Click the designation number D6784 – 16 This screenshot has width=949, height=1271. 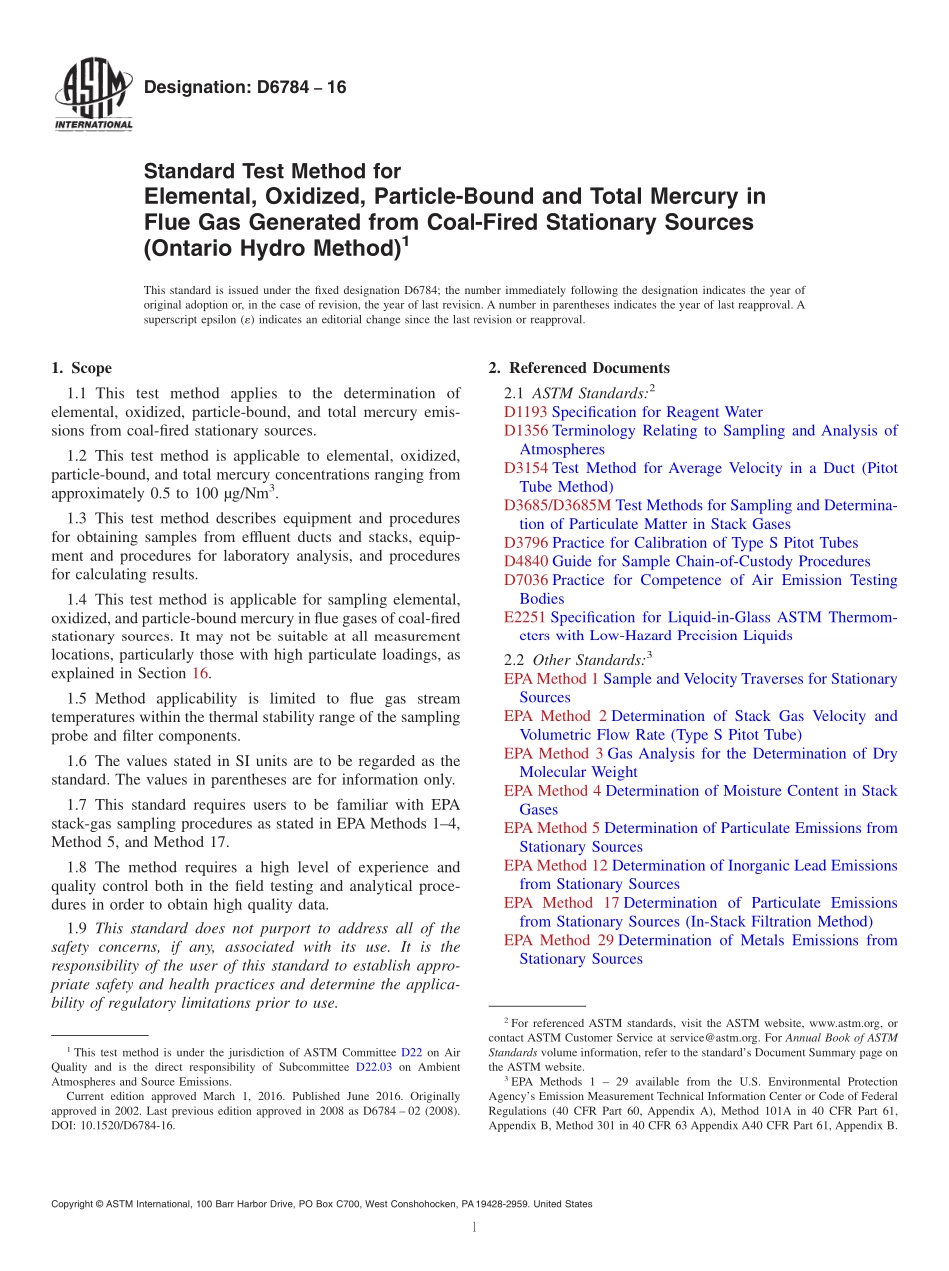tap(245, 88)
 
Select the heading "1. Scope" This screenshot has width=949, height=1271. tap(81, 368)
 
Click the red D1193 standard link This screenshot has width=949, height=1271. tap(525, 412)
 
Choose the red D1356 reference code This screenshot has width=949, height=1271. tap(526, 431)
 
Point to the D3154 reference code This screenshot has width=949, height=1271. tap(526, 468)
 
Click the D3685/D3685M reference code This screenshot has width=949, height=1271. tap(558, 505)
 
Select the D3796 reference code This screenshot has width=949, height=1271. tap(526, 543)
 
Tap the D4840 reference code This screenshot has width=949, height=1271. tap(526, 561)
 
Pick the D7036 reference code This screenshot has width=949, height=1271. tap(526, 580)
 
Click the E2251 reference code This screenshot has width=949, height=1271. tap(525, 617)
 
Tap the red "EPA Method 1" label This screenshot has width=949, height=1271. tap(552, 679)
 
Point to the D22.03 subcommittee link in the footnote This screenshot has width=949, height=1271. tap(372, 1067)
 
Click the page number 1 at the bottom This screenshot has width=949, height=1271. tap(474, 1228)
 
